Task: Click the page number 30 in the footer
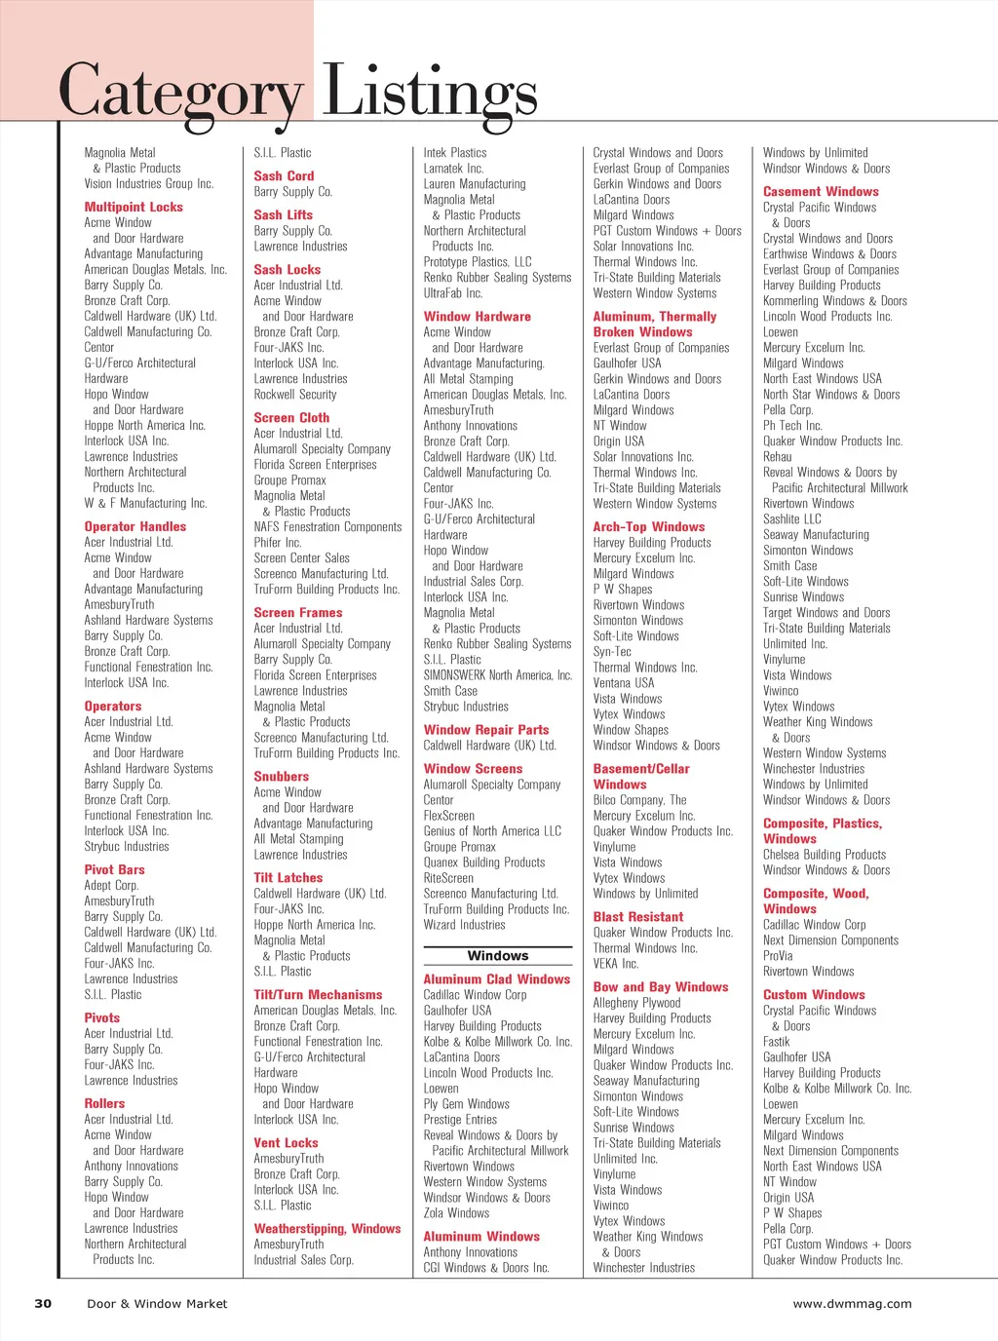point(43,1303)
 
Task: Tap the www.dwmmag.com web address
point(852,1303)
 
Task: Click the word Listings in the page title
point(430,92)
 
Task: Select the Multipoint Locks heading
point(134,207)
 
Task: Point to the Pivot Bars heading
point(114,869)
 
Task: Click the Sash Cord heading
point(284,175)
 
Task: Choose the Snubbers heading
point(281,776)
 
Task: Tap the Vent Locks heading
point(286,1142)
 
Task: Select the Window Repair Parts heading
point(486,729)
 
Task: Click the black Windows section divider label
point(498,955)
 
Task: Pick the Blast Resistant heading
point(638,916)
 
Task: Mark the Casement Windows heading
point(821,191)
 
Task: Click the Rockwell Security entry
point(295,394)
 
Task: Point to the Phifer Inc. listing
point(278,542)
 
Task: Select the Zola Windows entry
point(456,1212)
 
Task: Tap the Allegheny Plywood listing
point(636,1002)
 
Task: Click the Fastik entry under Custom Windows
point(777,1041)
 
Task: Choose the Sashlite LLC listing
point(792,518)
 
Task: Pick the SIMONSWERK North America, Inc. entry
point(498,674)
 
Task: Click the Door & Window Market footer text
point(157,1303)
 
